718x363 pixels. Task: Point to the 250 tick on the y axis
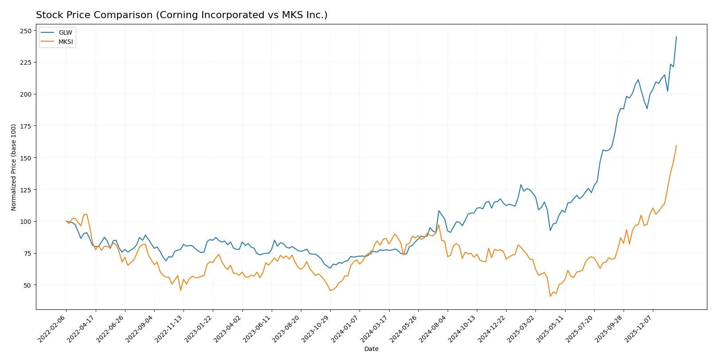(x=26, y=31)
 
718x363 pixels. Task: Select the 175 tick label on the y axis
(x=26, y=126)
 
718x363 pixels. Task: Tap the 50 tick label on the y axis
(x=27, y=285)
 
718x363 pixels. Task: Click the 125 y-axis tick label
(x=26, y=190)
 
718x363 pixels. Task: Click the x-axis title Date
(x=371, y=349)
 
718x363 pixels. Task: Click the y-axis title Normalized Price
(x=13, y=167)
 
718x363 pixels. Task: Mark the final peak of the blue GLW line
(x=676, y=37)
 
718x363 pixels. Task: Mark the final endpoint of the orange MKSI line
(x=676, y=146)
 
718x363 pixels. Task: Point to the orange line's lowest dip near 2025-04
(x=550, y=296)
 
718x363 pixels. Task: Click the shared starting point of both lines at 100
(x=66, y=221)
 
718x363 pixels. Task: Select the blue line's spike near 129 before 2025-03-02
(x=521, y=185)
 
